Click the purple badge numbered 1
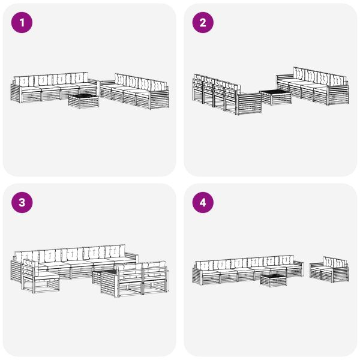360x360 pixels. (22, 23)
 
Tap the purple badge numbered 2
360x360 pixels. (203, 23)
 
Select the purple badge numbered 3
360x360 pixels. (22, 203)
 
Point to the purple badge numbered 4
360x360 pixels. (203, 203)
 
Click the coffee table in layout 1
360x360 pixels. (83, 100)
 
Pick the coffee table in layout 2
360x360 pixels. (275, 97)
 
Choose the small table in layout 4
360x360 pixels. (273, 279)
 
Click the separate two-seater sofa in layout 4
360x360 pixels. (329, 270)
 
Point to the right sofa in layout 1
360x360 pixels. (135, 91)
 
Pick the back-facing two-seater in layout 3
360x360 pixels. (142, 279)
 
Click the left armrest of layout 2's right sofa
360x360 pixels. (280, 82)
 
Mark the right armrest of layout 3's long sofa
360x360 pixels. (133, 260)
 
